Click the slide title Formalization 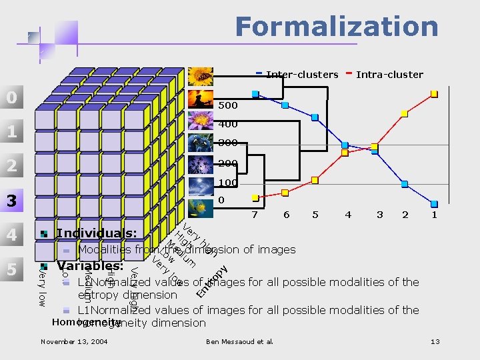coord(336,27)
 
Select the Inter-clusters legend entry coord(301,75)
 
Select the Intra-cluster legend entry coord(389,75)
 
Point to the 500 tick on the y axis coord(228,105)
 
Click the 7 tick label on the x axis coord(254,215)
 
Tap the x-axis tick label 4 coord(348,215)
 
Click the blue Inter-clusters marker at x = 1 coord(435,204)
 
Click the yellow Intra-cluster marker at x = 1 coord(435,93)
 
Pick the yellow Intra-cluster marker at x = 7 coord(254,198)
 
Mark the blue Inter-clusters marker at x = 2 coord(405,181)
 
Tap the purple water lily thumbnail coord(200,121)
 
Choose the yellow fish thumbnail coord(200,208)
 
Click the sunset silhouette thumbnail coord(200,99)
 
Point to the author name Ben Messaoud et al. coord(239,342)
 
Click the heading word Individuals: coord(97,233)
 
